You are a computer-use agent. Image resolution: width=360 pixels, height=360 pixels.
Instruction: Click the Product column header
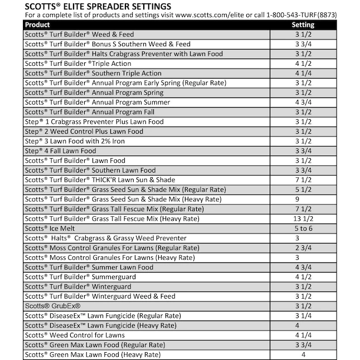pos(37,25)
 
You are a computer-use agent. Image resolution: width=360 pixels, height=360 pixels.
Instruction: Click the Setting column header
pos(303,25)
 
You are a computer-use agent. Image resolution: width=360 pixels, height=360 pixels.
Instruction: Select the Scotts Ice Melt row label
pos(50,228)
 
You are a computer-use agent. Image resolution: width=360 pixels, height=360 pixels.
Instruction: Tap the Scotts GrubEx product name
pos(53,306)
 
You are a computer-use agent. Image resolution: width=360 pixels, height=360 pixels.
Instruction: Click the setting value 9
pos(298,199)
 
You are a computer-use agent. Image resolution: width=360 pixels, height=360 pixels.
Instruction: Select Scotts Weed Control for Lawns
pos(75,335)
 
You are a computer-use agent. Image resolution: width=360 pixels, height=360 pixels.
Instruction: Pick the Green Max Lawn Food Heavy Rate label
pos(93,354)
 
